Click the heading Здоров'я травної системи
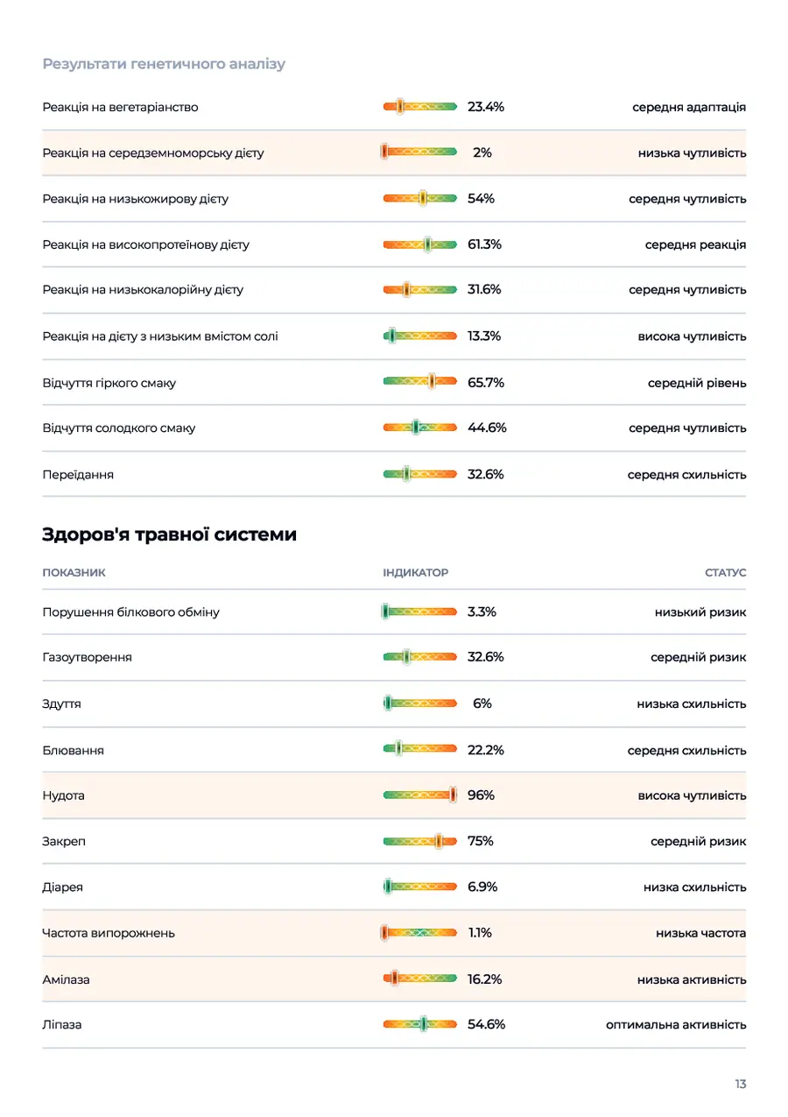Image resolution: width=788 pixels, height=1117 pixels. tap(169, 534)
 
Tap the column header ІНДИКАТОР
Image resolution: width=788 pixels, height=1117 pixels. tap(415, 572)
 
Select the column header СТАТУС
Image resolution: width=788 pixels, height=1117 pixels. tap(725, 572)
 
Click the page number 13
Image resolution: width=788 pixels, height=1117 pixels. tap(740, 1084)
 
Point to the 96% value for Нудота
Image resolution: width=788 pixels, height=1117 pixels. tap(481, 795)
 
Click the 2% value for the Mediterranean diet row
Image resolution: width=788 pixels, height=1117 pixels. tap(482, 152)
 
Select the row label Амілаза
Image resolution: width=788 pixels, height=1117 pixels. tap(66, 979)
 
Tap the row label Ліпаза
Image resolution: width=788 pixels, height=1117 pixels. tap(62, 1025)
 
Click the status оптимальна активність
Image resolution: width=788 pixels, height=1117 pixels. tap(676, 1025)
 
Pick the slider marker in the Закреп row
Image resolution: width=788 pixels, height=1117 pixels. tap(439, 841)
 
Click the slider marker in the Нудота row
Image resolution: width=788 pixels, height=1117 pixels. tap(453, 795)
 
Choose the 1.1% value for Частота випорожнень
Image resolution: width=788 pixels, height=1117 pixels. tap(480, 932)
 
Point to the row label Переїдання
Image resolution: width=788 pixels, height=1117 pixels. tap(78, 474)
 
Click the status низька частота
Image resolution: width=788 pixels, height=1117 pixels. tap(700, 933)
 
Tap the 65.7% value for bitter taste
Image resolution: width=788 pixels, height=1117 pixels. tap(485, 383)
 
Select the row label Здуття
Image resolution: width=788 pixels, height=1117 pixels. tap(61, 703)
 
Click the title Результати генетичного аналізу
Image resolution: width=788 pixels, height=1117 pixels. tap(164, 64)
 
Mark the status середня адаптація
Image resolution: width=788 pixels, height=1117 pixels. tap(689, 107)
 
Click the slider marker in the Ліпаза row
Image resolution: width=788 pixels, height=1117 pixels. tap(423, 1024)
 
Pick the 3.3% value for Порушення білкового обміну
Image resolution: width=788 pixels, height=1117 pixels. tap(482, 612)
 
